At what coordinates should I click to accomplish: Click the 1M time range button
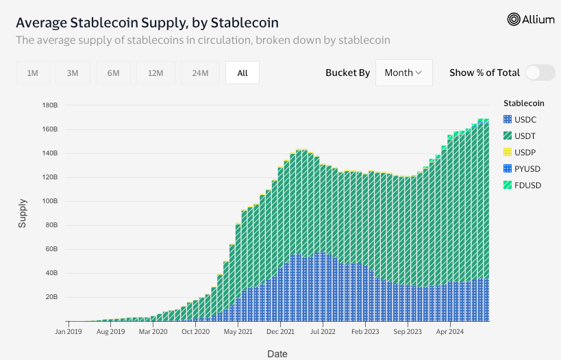(32, 73)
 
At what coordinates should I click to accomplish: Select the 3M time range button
(73, 73)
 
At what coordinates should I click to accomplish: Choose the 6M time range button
(113, 73)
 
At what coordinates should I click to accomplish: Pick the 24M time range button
(200, 73)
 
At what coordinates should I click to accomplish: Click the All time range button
(242, 73)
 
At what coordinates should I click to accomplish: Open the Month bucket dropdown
(403, 73)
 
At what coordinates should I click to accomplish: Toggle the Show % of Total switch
(540, 73)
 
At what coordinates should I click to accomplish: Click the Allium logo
(531, 20)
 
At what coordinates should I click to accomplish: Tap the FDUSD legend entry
(526, 185)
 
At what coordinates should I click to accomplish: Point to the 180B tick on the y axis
(49, 105)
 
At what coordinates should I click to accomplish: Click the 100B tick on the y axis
(49, 201)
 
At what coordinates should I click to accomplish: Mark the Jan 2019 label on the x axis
(69, 331)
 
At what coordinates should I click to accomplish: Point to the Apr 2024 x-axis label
(450, 331)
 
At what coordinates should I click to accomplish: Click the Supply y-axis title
(23, 213)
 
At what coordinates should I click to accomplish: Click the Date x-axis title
(277, 354)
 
